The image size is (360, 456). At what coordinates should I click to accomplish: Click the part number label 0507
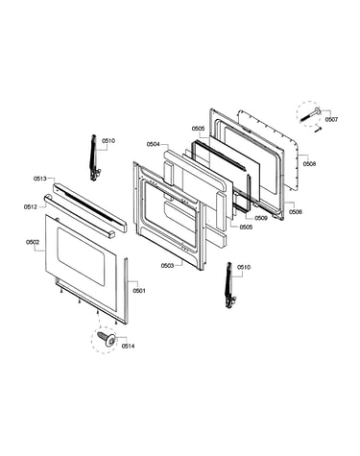click(331, 120)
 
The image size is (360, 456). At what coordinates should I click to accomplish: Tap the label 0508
click(309, 164)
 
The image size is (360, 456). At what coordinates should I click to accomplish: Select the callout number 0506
click(296, 212)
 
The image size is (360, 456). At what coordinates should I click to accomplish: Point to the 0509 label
click(261, 218)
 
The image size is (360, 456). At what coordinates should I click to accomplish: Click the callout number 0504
click(153, 144)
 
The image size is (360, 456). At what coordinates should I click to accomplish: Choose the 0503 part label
click(167, 266)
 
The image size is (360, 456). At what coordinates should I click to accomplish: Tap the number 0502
click(33, 242)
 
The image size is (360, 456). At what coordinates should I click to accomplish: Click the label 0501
click(139, 291)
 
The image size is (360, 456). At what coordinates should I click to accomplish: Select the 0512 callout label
click(30, 207)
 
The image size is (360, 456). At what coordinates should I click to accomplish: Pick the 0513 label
click(40, 179)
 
